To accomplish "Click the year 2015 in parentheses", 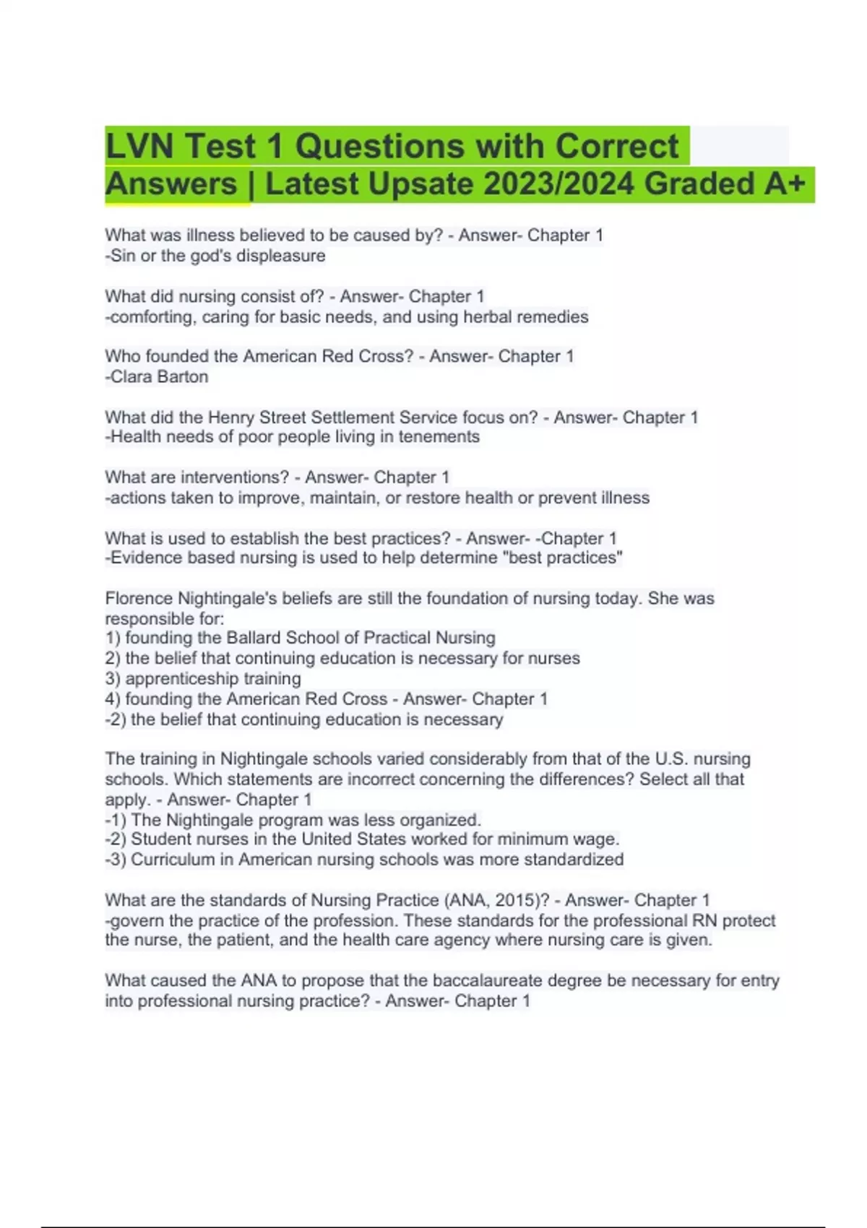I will [519, 901].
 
